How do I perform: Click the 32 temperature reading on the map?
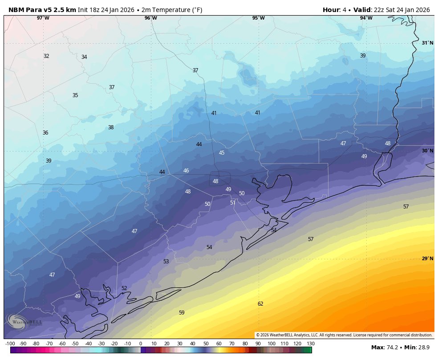click(x=46, y=56)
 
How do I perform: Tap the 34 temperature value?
click(x=84, y=57)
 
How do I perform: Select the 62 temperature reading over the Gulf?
click(x=260, y=304)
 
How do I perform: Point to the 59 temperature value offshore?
click(x=182, y=313)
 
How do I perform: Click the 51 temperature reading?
click(x=233, y=203)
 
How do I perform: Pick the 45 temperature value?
click(x=222, y=153)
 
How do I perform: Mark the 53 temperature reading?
click(x=166, y=262)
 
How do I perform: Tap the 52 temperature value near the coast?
click(x=124, y=288)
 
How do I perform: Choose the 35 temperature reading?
click(x=75, y=95)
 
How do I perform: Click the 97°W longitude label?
click(x=43, y=18)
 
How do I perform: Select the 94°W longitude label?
click(x=366, y=18)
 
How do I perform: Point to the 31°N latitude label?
click(x=427, y=43)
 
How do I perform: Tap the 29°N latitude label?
click(x=427, y=259)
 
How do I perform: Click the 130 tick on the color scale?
click(x=311, y=344)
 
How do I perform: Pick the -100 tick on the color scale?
click(x=10, y=344)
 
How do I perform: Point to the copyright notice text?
click(x=344, y=335)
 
